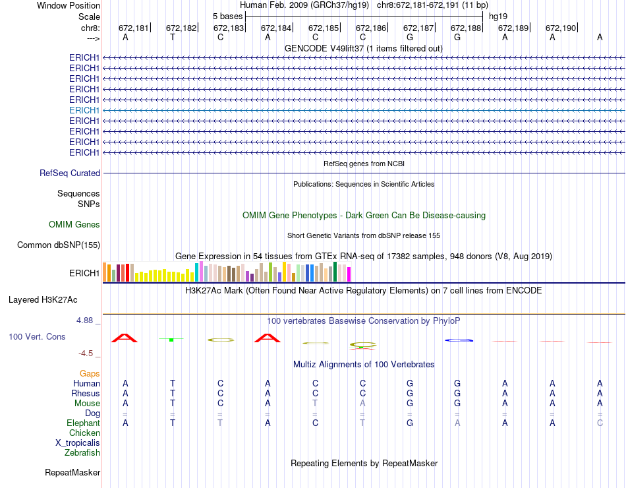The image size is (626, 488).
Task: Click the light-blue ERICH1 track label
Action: click(84, 110)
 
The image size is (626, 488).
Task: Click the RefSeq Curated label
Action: click(70, 173)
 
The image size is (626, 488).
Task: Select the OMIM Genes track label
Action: click(74, 225)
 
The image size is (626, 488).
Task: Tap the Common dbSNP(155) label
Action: click(59, 245)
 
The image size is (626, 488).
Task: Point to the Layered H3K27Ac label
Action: click(43, 299)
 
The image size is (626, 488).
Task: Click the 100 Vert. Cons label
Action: click(37, 336)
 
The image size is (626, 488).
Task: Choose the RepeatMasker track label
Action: click(72, 472)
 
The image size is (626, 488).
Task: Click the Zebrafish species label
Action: click(82, 452)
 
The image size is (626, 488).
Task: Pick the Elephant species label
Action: click(83, 423)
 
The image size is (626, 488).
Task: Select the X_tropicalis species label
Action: click(78, 442)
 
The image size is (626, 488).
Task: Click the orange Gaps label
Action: click(90, 373)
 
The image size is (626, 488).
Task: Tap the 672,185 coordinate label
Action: click(324, 28)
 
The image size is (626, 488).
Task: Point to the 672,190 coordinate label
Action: click(561, 28)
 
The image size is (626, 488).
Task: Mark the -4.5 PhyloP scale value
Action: click(88, 353)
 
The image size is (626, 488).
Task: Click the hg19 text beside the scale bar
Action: click(498, 15)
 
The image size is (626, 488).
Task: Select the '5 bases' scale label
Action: click(227, 15)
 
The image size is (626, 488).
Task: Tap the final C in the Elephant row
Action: click(600, 423)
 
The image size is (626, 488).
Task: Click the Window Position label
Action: click(69, 5)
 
